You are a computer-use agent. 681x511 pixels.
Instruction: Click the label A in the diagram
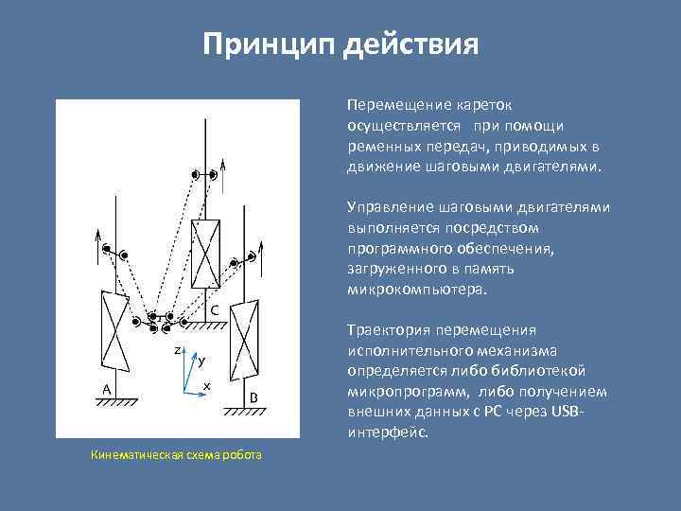point(106,389)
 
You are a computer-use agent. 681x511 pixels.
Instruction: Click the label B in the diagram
point(253,397)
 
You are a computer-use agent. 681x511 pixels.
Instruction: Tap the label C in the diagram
point(215,309)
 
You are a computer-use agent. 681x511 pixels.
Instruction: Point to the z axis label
point(177,350)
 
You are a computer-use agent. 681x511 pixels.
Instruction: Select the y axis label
point(201,361)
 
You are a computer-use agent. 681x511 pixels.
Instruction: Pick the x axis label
point(206,386)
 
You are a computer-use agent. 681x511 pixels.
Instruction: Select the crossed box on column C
point(205,253)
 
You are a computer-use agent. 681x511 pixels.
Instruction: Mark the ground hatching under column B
point(246,413)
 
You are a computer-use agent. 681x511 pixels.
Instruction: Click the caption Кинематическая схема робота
point(177,455)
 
